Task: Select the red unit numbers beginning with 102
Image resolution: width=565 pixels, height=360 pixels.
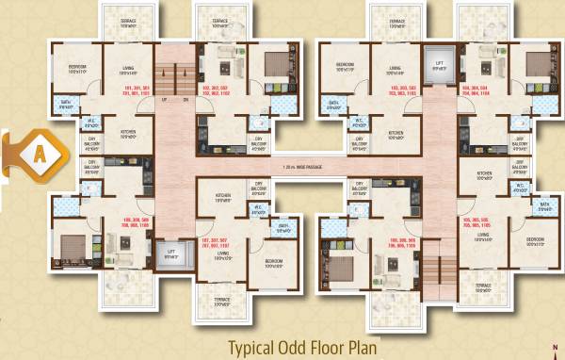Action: coord(215,92)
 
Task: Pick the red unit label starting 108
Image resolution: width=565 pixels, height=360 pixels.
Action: coord(137,224)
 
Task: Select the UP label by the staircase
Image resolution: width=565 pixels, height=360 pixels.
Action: coord(164,98)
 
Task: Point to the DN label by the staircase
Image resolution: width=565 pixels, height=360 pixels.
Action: coord(186,98)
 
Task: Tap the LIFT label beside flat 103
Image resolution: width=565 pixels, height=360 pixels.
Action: coord(438,67)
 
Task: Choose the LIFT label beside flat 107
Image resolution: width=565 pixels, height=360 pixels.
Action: coord(170,254)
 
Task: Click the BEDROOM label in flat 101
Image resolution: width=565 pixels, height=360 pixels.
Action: coord(79,67)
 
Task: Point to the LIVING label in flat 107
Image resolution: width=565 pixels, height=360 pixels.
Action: coord(223,254)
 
